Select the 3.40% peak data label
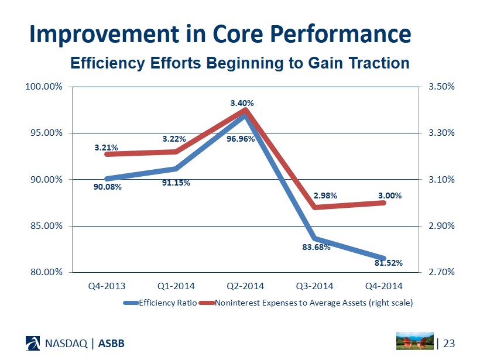(x=242, y=104)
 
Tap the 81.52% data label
(x=389, y=263)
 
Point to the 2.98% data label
(x=325, y=196)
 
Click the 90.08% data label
(x=108, y=187)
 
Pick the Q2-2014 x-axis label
(x=245, y=286)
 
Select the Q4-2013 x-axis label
(x=107, y=286)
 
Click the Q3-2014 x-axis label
(x=314, y=286)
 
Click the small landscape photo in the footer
(x=415, y=341)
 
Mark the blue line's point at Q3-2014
(x=314, y=238)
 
